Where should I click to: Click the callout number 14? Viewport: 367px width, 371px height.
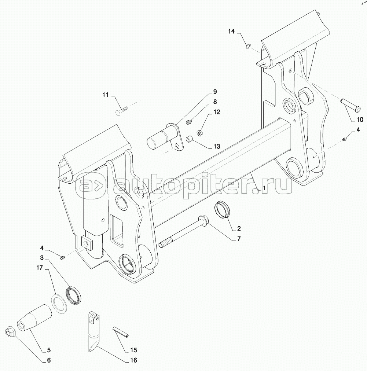pyautogui.click(x=231, y=31)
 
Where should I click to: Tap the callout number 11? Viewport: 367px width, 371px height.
pyautogui.click(x=106, y=95)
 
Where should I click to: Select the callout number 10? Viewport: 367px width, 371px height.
pyautogui.click(x=359, y=120)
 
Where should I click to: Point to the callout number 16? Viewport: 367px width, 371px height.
pyautogui.click(x=134, y=360)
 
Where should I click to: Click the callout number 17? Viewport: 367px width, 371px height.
pyautogui.click(x=40, y=268)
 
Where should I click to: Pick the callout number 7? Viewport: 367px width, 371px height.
pyautogui.click(x=239, y=239)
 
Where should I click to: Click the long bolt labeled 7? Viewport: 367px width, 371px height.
pyautogui.click(x=184, y=231)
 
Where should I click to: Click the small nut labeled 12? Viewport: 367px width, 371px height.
pyautogui.click(x=200, y=133)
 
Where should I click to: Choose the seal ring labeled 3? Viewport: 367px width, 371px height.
pyautogui.click(x=74, y=295)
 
